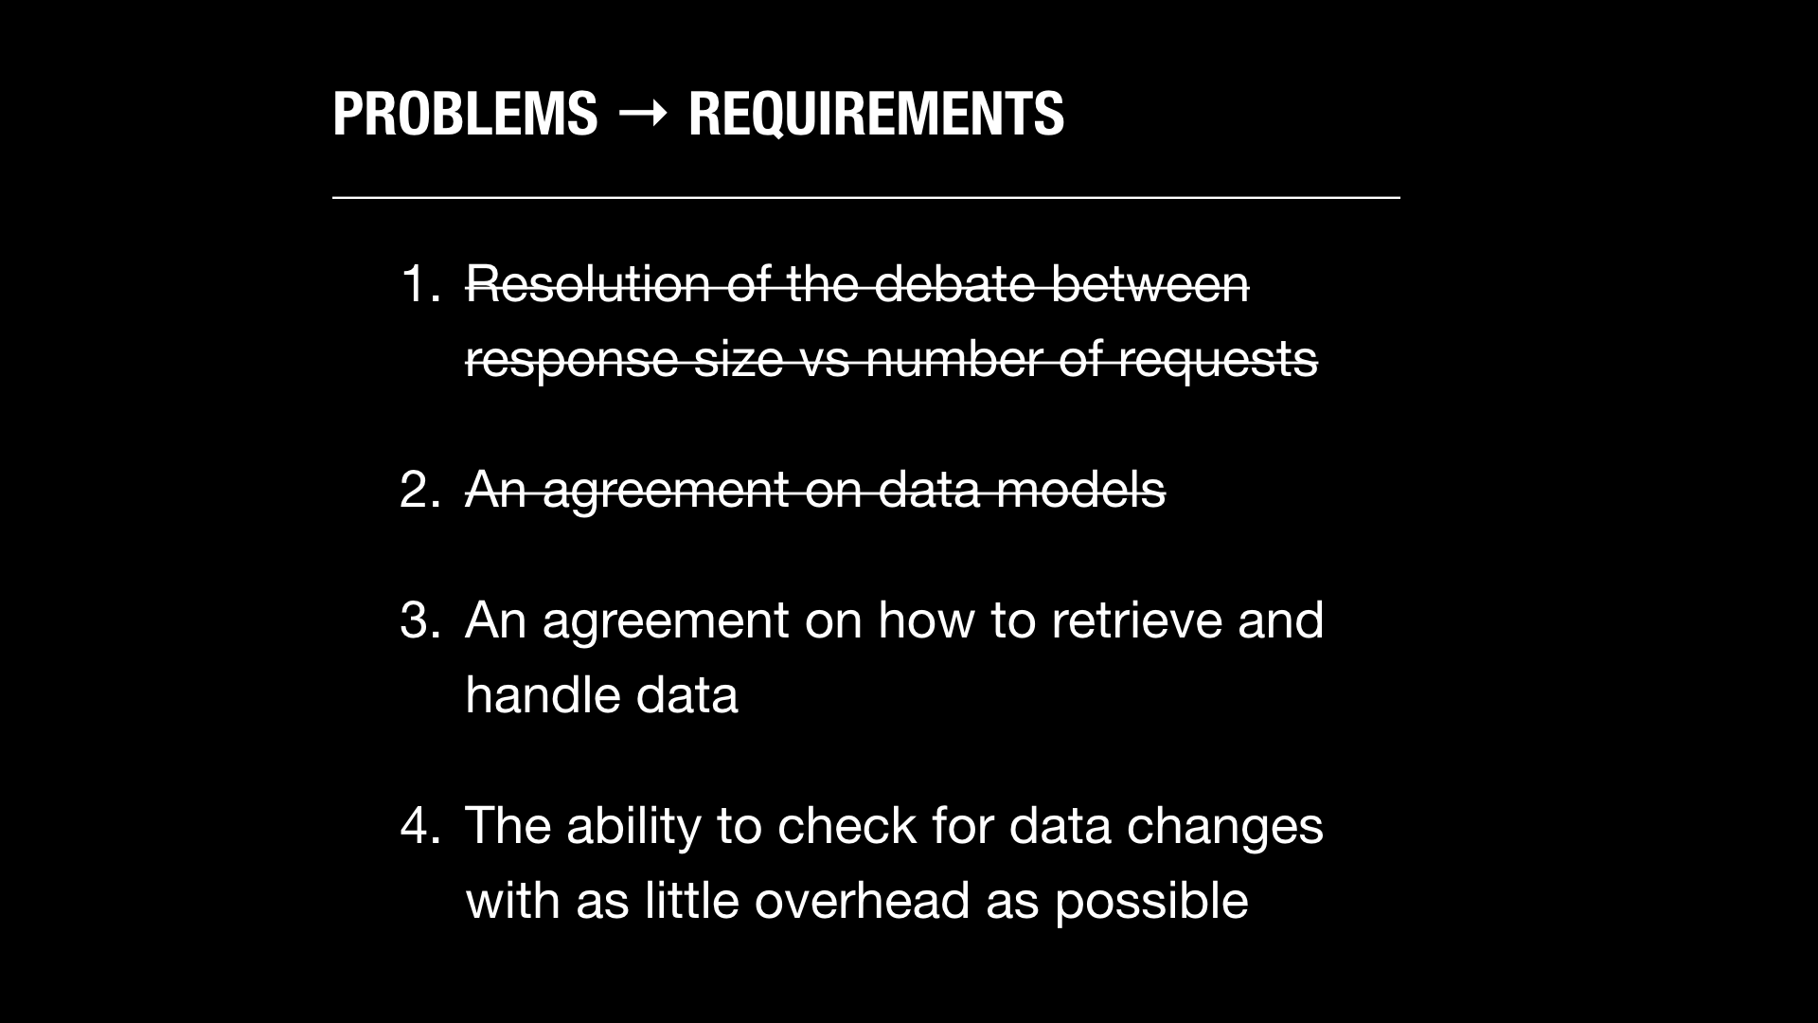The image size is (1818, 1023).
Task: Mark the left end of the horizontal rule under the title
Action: click(333, 198)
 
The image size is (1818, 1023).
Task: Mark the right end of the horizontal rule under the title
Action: click(1399, 198)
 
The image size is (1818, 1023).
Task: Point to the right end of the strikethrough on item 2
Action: click(1166, 492)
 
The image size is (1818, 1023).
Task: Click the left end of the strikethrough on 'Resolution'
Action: click(466, 285)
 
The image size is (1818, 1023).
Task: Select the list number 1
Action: click(420, 283)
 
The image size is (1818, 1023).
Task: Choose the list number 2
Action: click(420, 490)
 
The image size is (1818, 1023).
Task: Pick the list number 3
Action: click(420, 620)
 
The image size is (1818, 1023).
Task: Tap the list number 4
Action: click(420, 825)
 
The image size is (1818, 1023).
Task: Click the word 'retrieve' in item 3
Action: click(1136, 620)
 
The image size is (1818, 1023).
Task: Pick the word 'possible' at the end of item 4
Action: click(1151, 902)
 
